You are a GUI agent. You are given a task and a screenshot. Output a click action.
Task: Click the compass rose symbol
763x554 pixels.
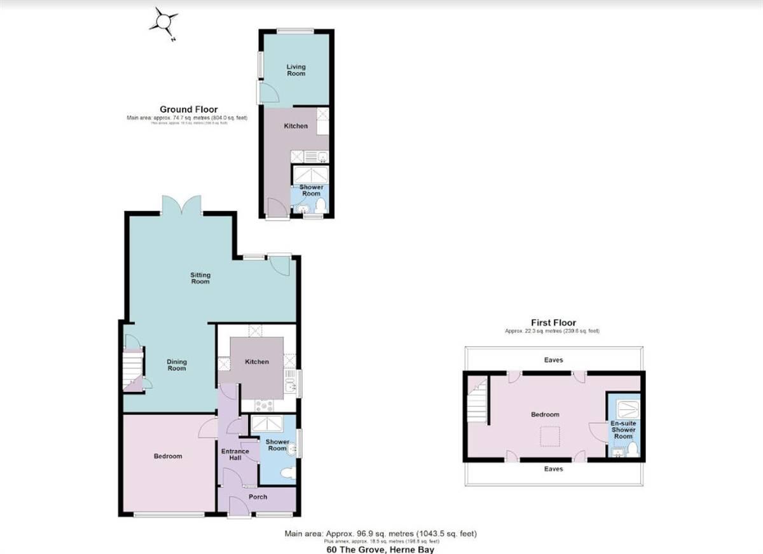[164, 23]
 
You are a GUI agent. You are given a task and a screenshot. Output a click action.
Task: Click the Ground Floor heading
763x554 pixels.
[188, 109]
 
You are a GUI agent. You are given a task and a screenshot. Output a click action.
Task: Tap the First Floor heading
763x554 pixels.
[553, 323]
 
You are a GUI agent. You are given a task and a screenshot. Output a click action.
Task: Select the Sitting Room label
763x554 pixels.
[200, 278]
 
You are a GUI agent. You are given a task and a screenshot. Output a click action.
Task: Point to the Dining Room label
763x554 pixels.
[177, 365]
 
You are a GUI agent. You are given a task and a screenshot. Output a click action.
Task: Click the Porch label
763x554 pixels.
[258, 497]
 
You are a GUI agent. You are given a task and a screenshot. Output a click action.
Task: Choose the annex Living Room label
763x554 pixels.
[296, 70]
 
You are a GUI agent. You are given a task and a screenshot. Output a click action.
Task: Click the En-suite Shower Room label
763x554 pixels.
[623, 429]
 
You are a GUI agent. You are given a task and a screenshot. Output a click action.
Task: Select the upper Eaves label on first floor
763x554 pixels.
[553, 360]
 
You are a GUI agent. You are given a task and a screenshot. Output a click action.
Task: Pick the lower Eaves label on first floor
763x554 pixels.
[553, 469]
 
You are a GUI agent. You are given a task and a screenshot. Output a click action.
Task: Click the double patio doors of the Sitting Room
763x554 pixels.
[181, 205]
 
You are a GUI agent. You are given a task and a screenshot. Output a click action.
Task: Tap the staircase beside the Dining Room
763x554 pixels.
[133, 368]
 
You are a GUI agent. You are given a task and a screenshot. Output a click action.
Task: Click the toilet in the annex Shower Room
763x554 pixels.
[321, 205]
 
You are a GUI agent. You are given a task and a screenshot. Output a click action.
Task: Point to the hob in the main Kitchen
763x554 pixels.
[264, 405]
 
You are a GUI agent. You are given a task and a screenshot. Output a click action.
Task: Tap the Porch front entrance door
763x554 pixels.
[239, 507]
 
